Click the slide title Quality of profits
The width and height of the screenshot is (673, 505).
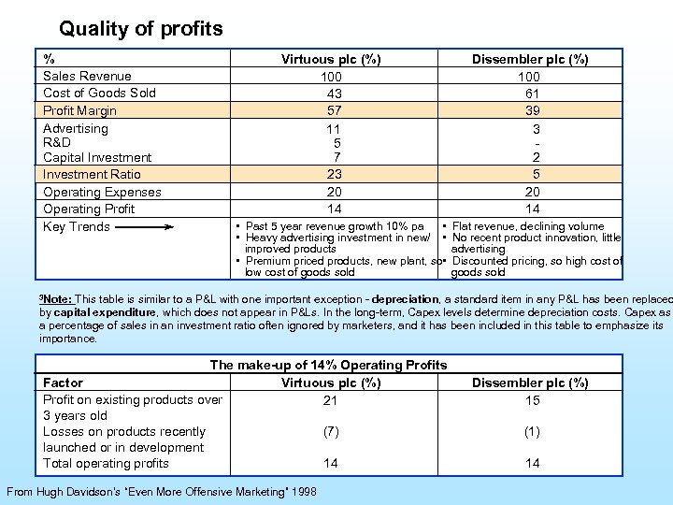click(x=140, y=29)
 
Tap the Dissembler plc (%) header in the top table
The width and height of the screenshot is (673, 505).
click(x=530, y=59)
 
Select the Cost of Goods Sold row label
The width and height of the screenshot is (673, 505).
click(x=99, y=93)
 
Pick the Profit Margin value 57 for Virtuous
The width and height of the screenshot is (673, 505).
click(x=334, y=110)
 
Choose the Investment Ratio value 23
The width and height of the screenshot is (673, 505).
click(x=334, y=174)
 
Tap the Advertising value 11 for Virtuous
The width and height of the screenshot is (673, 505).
click(x=334, y=128)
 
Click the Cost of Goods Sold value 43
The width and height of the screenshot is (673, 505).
click(x=334, y=93)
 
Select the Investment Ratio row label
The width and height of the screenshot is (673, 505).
click(x=92, y=174)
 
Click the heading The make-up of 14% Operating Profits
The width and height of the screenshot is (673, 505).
click(x=328, y=365)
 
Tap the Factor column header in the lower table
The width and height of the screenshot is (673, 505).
click(x=63, y=382)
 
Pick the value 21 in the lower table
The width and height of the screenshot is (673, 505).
click(x=330, y=400)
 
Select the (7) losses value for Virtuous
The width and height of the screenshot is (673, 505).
click(x=330, y=432)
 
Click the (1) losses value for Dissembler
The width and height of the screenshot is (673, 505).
click(x=531, y=432)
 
